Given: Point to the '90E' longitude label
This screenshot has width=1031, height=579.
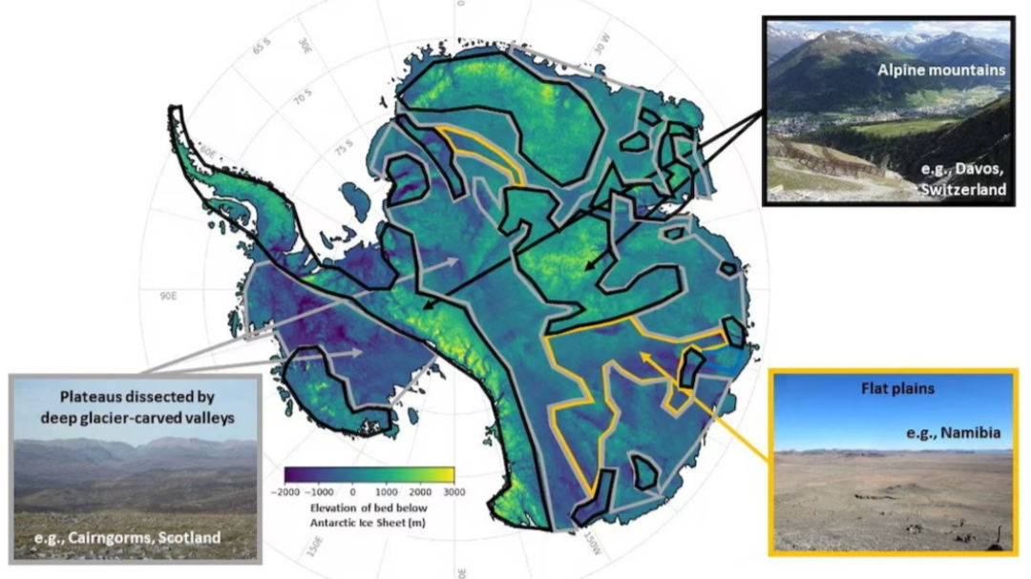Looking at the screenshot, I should tap(169, 296).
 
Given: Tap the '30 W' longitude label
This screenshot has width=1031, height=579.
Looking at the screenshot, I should tap(601, 41).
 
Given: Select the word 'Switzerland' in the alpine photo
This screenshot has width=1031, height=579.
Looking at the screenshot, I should tap(963, 190).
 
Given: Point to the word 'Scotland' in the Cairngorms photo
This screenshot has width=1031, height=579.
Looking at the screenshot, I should tap(189, 538).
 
